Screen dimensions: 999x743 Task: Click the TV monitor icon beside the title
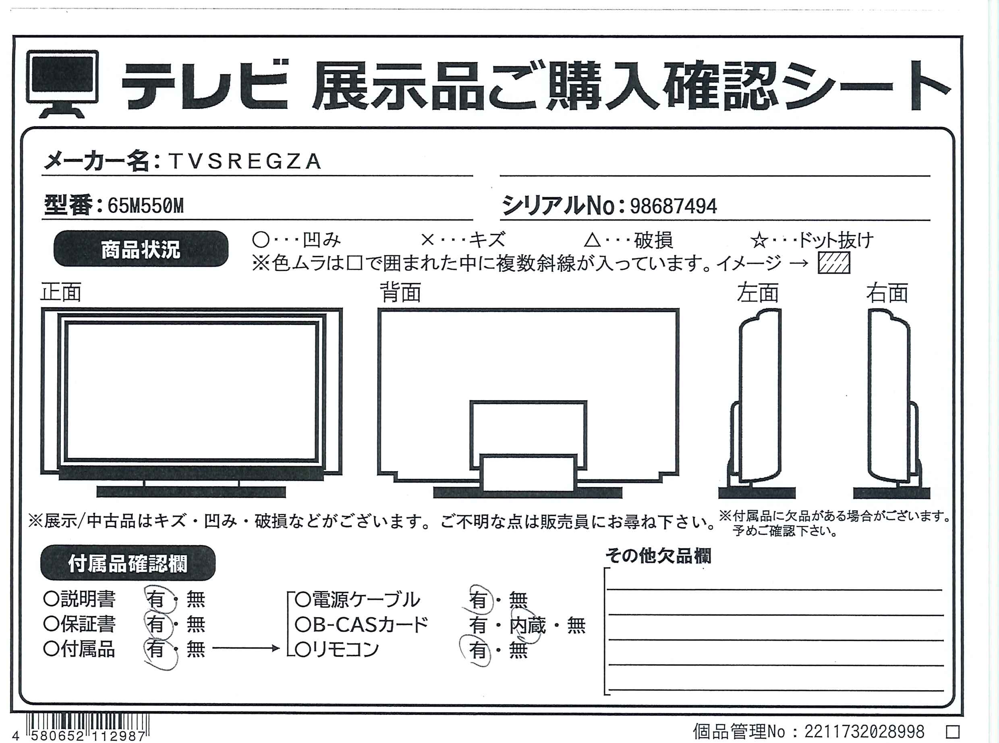pyautogui.click(x=62, y=84)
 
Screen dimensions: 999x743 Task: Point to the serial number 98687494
pyautogui.click(x=673, y=206)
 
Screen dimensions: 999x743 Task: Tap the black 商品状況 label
pyautogui.click(x=141, y=249)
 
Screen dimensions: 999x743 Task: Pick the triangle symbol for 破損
pyautogui.click(x=592, y=241)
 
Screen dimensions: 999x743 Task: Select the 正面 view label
pyautogui.click(x=61, y=292)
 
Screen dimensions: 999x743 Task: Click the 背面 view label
pyautogui.click(x=400, y=292)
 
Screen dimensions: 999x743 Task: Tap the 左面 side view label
pyautogui.click(x=757, y=292)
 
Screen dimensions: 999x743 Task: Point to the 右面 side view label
pyautogui.click(x=887, y=292)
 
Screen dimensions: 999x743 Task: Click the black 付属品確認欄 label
pyautogui.click(x=128, y=563)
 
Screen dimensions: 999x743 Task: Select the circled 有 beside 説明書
pyautogui.click(x=156, y=599)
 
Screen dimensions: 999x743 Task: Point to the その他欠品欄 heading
pyautogui.click(x=658, y=556)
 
